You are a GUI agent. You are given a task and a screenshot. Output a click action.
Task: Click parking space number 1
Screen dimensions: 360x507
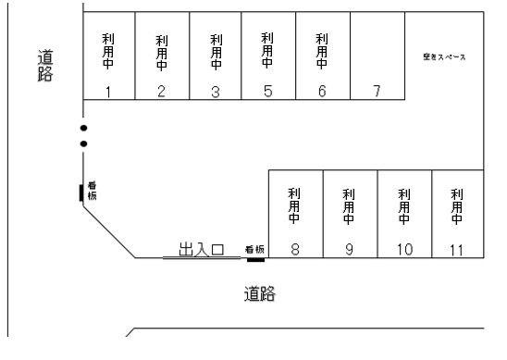point(108,91)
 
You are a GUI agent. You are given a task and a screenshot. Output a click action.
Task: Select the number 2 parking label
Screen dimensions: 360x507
point(161,91)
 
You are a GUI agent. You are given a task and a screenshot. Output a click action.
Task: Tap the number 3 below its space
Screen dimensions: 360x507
point(216,91)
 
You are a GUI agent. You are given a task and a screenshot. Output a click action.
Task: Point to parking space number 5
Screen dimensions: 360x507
point(267,91)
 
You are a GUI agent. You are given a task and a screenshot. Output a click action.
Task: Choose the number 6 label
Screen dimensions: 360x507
point(322,91)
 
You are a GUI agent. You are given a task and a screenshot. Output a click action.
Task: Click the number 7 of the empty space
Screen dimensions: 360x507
point(377,91)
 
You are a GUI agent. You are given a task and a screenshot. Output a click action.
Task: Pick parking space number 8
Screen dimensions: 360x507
point(294,249)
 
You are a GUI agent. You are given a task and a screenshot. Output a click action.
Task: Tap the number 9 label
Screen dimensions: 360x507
point(349,249)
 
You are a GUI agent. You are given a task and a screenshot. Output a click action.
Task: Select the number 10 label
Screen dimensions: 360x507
point(403,249)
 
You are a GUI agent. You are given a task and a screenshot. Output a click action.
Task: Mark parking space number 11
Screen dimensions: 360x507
point(456,249)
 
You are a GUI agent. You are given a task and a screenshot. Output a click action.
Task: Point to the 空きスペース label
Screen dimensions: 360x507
point(445,57)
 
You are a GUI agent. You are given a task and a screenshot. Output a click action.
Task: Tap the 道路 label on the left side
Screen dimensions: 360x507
point(43,65)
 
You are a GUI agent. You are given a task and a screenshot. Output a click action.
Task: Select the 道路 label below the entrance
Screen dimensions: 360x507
point(261,295)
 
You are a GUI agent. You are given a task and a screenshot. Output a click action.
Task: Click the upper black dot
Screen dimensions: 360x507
point(83,128)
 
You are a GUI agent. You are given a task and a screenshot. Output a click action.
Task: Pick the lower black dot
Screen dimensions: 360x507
point(83,144)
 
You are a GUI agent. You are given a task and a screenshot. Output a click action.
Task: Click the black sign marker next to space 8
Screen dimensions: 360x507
point(256,259)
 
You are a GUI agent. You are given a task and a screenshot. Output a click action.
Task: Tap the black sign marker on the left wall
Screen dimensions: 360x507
point(80,193)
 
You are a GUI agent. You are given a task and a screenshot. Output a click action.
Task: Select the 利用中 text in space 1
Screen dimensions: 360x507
point(108,51)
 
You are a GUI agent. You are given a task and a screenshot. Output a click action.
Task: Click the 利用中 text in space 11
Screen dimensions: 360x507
point(456,206)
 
